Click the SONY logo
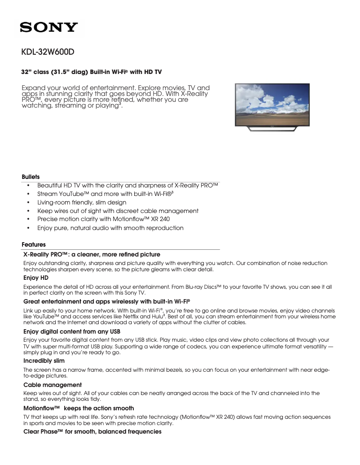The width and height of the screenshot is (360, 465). pyautogui.click(x=49, y=27)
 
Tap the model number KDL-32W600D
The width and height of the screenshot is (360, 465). pyautogui.click(x=48, y=52)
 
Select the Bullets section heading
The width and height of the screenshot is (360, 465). pyautogui.click(x=31, y=177)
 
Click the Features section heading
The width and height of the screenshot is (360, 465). pyautogui.click(x=33, y=244)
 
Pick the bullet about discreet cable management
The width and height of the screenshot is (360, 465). pyautogui.click(x=118, y=211)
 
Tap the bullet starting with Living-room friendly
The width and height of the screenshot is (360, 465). pyautogui.click(x=82, y=202)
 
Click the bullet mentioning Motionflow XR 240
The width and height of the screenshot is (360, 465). pyautogui.click(x=103, y=219)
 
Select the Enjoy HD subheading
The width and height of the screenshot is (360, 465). pyautogui.click(x=35, y=278)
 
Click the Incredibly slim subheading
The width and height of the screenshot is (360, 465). pyautogui.click(x=44, y=361)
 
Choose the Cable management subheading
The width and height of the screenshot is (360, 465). pyautogui.click(x=52, y=385)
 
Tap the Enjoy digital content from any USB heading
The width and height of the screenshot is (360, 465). pyautogui.click(x=71, y=331)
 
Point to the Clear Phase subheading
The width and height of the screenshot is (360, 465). pyautogui.click(x=92, y=432)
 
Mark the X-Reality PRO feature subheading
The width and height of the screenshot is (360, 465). pyautogui.click(x=92, y=254)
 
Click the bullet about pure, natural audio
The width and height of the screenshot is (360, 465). pyautogui.click(x=110, y=228)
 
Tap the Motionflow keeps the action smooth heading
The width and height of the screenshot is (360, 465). pyautogui.click(x=78, y=408)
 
